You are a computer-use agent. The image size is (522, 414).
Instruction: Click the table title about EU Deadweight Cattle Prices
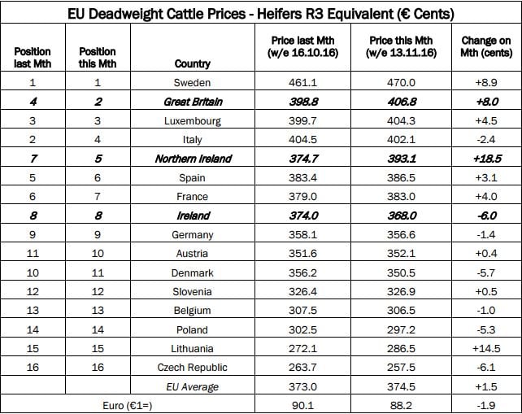(x=261, y=14)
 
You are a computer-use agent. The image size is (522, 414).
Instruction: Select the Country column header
(x=192, y=63)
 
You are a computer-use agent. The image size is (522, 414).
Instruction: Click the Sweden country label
(x=192, y=83)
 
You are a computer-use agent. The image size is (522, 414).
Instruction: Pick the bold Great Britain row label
(x=192, y=102)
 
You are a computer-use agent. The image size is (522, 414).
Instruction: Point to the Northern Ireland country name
(x=192, y=159)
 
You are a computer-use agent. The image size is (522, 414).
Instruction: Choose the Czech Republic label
(x=192, y=368)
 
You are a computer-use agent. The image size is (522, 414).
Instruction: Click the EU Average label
(x=192, y=387)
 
